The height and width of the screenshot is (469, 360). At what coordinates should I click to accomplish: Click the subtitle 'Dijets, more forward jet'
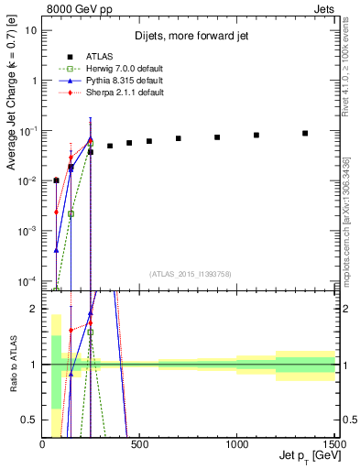(x=190, y=36)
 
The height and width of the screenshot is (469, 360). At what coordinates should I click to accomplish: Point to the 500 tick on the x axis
(x=140, y=444)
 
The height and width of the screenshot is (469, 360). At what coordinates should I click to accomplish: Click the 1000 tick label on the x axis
(x=237, y=444)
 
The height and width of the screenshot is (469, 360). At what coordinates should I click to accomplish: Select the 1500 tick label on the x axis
(x=334, y=444)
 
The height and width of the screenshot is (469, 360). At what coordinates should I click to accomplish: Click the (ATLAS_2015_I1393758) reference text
(x=189, y=274)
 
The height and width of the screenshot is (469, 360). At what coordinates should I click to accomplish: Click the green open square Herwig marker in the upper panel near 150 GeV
(x=71, y=213)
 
